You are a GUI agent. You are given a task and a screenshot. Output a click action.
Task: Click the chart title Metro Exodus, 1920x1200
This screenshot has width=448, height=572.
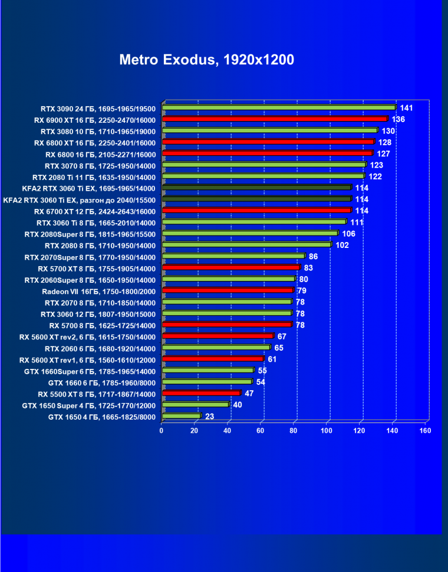click(206, 60)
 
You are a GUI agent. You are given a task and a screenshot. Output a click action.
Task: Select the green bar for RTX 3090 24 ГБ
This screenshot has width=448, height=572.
click(278, 107)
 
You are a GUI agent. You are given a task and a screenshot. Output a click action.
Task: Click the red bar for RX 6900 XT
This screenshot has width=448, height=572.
click(274, 119)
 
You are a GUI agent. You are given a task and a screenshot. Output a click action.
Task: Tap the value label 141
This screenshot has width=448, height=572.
click(406, 108)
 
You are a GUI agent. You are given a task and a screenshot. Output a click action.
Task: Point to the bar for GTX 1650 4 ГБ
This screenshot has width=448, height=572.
click(181, 416)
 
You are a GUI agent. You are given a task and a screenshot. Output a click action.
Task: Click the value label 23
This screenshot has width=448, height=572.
click(210, 416)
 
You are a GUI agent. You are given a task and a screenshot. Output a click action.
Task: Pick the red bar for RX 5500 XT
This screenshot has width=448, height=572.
click(201, 393)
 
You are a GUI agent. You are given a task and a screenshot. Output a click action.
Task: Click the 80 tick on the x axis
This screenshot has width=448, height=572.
click(294, 430)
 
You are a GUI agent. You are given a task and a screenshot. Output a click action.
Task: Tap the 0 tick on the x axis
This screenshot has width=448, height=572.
click(162, 430)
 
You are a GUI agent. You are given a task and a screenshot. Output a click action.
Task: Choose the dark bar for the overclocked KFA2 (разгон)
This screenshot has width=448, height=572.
click(256, 200)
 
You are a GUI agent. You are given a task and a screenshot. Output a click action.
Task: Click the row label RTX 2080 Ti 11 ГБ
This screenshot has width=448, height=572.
click(94, 177)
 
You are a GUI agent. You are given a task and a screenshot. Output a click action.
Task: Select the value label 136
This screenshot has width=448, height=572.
click(398, 119)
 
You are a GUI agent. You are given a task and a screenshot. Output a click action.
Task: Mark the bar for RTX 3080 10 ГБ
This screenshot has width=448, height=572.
click(269, 130)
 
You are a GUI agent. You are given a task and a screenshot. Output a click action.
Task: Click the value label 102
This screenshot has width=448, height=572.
click(342, 245)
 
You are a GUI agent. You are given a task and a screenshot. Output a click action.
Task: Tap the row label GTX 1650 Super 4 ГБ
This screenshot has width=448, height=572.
click(88, 406)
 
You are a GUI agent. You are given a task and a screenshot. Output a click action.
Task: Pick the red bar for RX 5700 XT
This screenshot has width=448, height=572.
click(230, 268)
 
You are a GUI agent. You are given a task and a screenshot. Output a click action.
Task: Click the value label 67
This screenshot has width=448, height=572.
click(282, 336)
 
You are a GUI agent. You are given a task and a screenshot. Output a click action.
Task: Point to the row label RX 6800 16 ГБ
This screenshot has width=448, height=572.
click(100, 154)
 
